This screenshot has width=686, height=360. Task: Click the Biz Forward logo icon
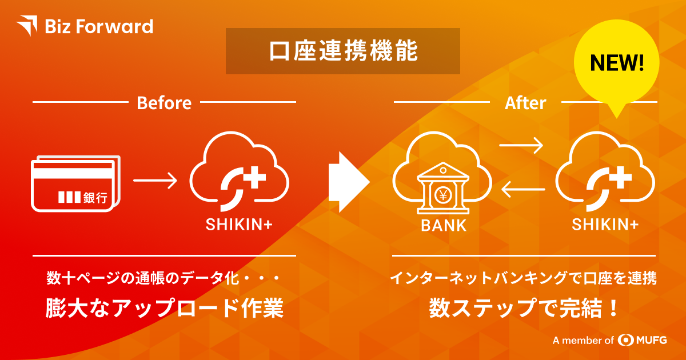point(27,26)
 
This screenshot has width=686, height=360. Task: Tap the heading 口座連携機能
point(342,51)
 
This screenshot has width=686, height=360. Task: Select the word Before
point(164,103)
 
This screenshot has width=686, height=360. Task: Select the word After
point(525,103)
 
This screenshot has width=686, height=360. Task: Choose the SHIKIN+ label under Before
point(239,225)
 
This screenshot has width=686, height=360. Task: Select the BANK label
point(444,225)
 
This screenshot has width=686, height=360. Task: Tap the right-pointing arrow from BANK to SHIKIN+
point(521,145)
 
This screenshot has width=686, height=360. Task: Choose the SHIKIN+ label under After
point(605,225)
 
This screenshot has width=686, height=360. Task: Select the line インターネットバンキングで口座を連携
point(524,279)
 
